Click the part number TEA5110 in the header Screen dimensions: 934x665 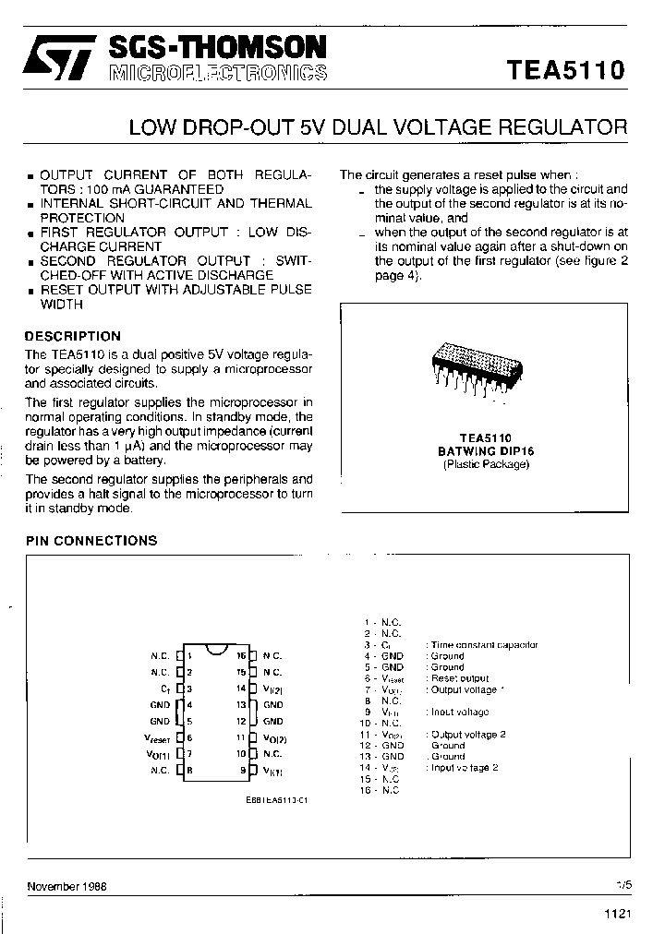click(x=565, y=71)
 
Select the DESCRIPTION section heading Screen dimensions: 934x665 click(x=72, y=337)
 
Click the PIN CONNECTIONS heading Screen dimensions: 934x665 click(x=91, y=541)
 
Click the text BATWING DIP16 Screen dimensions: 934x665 click(x=486, y=451)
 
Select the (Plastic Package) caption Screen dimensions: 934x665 click(x=486, y=464)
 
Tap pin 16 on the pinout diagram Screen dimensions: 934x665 click(x=251, y=655)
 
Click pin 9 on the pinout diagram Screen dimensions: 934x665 click(x=251, y=770)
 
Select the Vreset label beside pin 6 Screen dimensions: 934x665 click(x=156, y=737)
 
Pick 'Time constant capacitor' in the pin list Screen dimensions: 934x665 click(x=484, y=645)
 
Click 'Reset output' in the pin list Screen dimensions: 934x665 click(x=460, y=678)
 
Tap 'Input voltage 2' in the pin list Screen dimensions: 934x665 click(x=465, y=768)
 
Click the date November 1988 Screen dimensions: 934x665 click(x=66, y=886)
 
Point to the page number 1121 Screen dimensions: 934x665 click(x=617, y=914)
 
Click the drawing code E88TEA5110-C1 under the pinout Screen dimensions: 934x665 click(x=277, y=800)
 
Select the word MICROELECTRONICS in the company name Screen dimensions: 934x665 click(x=218, y=74)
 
